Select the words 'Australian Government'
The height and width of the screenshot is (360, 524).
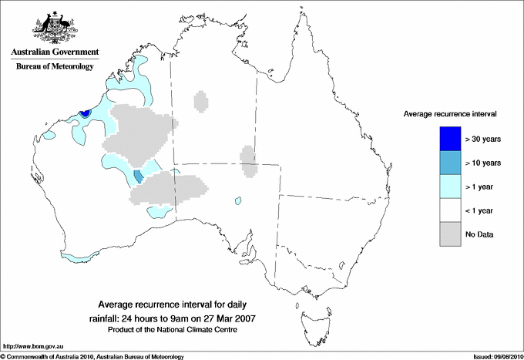[x=55, y=52]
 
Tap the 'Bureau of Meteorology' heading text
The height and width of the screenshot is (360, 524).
[x=55, y=67]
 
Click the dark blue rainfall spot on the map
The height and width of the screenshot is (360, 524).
[x=85, y=113]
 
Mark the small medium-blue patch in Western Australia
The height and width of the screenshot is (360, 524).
[x=138, y=177]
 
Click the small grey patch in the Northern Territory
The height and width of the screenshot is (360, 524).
[x=201, y=101]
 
